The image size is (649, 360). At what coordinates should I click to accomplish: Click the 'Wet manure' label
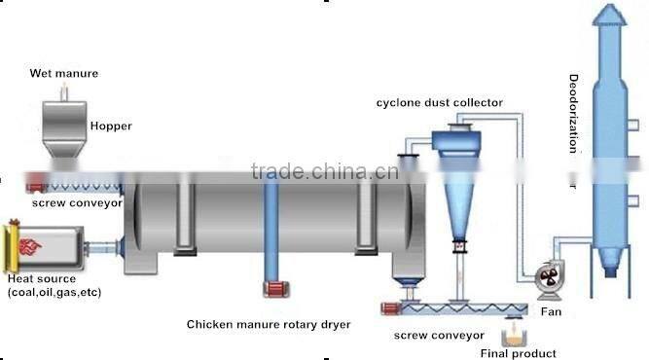63,73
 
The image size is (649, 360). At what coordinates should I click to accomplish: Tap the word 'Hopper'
110,126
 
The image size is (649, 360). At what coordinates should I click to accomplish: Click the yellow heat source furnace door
13,247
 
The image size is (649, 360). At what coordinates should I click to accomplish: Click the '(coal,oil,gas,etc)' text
54,292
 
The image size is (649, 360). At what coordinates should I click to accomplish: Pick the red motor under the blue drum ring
272,290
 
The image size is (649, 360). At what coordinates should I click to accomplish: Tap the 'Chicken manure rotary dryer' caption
269,324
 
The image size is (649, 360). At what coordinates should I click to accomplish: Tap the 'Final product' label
525,353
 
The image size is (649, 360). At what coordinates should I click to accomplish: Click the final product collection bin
512,337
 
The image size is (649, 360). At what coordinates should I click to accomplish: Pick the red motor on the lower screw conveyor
391,309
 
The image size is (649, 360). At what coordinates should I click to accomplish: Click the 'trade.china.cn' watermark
324,173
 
